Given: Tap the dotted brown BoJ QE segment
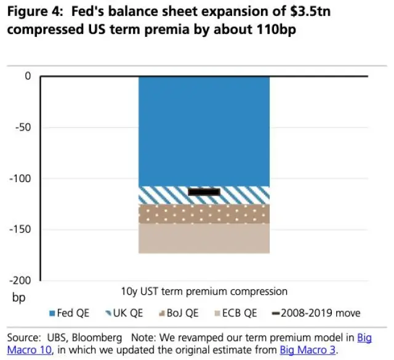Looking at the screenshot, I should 204,214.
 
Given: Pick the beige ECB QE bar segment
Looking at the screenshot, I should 204,238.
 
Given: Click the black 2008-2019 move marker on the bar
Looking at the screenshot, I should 204,192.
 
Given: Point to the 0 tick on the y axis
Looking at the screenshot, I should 27,76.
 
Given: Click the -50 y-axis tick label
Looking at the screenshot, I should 23,127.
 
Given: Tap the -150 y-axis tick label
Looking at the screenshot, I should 20,230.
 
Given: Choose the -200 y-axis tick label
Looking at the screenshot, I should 20,281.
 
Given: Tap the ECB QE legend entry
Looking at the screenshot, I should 235,313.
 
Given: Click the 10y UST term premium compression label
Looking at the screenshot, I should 204,290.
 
